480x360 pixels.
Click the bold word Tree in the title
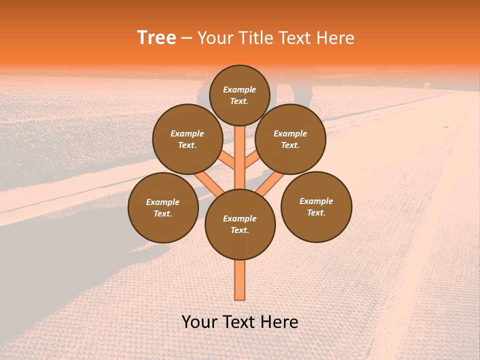(156, 37)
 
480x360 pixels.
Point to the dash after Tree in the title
(186, 38)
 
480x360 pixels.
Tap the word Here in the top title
(337, 38)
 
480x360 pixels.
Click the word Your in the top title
(216, 38)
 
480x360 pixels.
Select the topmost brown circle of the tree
(239, 95)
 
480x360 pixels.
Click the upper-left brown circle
(187, 139)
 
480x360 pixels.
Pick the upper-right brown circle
(290, 139)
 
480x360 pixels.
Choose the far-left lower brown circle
(163, 207)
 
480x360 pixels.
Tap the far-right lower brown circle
(316, 206)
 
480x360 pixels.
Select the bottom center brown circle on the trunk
(240, 224)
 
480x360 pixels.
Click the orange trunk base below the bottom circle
(240, 280)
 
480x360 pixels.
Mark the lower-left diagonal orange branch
(209, 182)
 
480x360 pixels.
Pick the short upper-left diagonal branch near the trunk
(227, 160)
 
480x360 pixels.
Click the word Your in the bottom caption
(199, 322)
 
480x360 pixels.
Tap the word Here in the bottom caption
(279, 322)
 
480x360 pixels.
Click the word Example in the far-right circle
(316, 201)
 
